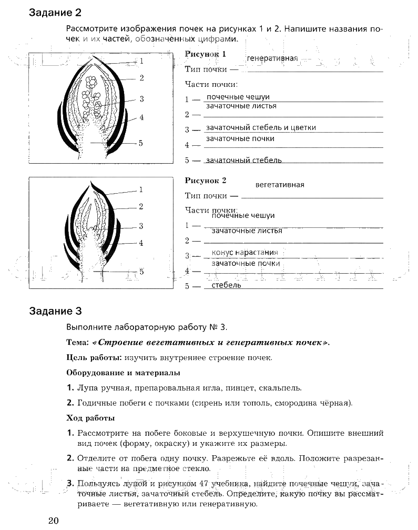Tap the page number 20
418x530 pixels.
point(53,521)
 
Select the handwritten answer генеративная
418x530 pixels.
point(272,58)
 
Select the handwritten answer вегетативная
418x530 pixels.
point(280,185)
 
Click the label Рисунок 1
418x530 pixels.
point(206,54)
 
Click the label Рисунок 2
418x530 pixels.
point(206,181)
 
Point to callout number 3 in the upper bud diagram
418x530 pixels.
point(142,98)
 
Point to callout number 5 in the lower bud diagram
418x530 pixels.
point(141,272)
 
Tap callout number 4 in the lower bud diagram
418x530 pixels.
point(141,243)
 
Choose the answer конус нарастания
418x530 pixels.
point(244,252)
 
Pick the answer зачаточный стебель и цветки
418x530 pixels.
point(261,127)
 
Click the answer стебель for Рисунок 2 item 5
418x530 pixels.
point(226,285)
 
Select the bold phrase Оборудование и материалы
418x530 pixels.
point(123,373)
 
